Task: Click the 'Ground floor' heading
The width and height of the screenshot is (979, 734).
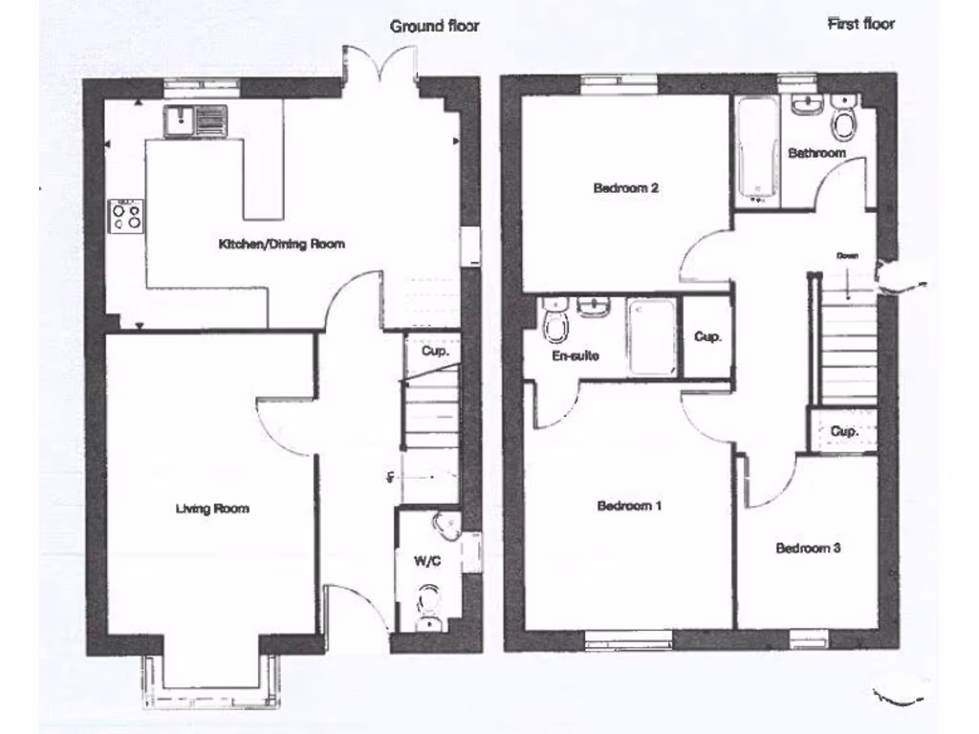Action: tap(434, 26)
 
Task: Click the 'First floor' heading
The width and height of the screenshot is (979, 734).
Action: tap(860, 24)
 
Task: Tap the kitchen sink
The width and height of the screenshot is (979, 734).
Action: tap(195, 121)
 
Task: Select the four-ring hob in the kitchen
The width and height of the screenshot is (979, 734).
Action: tap(127, 215)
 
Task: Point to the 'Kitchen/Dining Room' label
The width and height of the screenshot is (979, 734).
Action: tap(282, 245)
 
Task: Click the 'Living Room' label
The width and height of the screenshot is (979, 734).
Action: tap(211, 508)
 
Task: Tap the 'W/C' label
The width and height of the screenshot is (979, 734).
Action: tap(426, 561)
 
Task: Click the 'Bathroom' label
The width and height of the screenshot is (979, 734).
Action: tap(816, 153)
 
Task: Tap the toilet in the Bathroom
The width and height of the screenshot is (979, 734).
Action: tap(843, 121)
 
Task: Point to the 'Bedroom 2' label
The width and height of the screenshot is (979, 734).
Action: tap(625, 188)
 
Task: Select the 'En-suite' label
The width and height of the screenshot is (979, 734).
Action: tap(577, 356)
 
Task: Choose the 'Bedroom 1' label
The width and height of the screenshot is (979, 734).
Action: tap(629, 506)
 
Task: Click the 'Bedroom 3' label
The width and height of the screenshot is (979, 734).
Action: tap(808, 549)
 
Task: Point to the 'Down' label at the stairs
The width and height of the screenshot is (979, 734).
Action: tap(846, 256)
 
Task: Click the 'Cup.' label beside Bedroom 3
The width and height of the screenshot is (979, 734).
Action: tap(843, 431)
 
